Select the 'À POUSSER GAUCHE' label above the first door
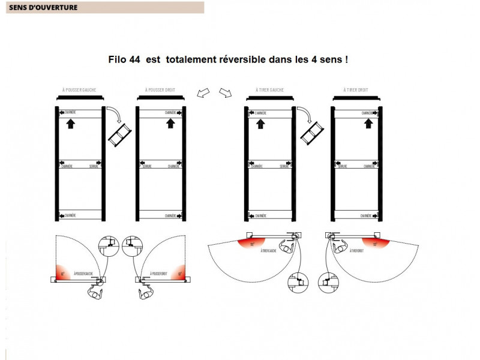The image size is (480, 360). point(79,90)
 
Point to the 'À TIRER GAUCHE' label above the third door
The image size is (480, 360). point(269,90)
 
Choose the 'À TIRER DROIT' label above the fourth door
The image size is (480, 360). point(356,90)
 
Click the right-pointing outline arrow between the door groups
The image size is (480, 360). point(225,92)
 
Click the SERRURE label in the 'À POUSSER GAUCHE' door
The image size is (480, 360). point(94,166)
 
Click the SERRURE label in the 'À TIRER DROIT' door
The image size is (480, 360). point(344,166)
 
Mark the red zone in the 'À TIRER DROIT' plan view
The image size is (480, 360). point(376,242)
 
